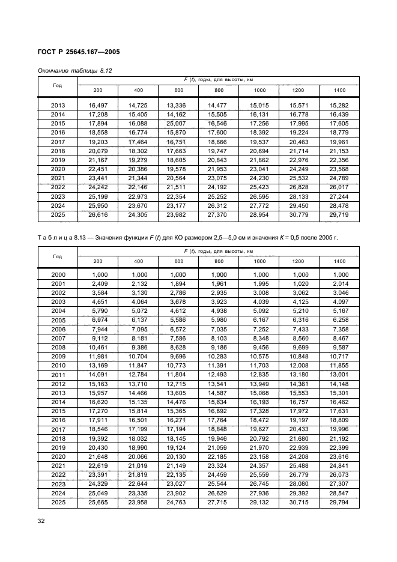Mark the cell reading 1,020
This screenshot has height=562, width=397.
[x=299, y=283]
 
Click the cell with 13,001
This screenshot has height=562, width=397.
[x=339, y=375]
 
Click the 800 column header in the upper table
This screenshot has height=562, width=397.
[x=219, y=90]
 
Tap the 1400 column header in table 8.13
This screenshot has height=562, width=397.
[x=339, y=261]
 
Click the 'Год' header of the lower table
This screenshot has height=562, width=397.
[x=58, y=256]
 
